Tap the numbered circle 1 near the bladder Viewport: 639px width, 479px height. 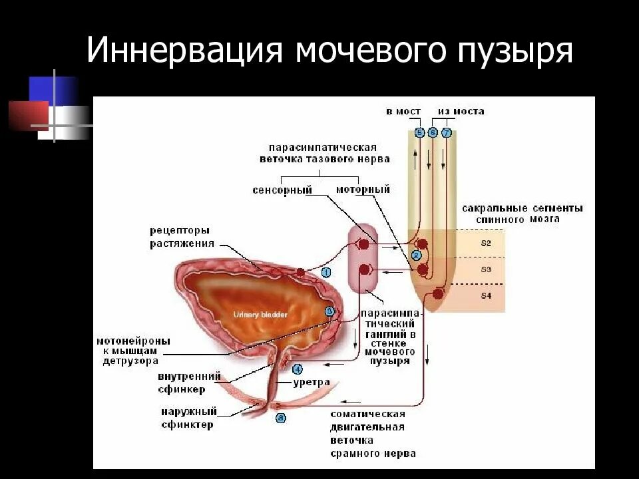point(325,272)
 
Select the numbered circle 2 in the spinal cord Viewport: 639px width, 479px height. point(417,255)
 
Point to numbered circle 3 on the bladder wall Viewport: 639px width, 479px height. point(329,311)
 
